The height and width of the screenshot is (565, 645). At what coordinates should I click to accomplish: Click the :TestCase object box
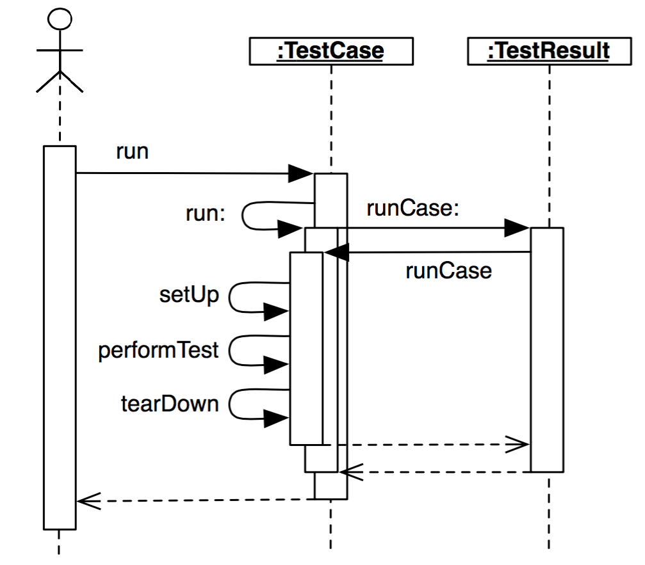point(331,51)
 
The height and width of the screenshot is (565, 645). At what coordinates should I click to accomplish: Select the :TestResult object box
point(548,51)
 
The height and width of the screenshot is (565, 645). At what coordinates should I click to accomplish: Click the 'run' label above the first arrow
point(132,152)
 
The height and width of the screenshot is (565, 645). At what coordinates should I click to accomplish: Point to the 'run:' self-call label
point(206,214)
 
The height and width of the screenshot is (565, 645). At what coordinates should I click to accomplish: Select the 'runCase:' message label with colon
point(413,208)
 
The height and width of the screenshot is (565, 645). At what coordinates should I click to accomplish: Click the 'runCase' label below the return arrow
point(448,271)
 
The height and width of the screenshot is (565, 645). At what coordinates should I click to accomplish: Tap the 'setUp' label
point(189,296)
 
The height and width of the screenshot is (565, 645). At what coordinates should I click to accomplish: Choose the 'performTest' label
point(159,350)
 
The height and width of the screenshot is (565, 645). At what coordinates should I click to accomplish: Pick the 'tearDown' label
point(170,404)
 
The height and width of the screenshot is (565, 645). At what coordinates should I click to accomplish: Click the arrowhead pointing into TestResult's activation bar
point(516,227)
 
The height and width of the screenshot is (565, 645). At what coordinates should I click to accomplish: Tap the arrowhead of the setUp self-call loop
point(277,312)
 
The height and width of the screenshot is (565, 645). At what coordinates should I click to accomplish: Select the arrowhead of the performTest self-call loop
point(277,366)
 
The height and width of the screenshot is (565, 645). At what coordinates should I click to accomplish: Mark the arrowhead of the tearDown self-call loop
point(277,420)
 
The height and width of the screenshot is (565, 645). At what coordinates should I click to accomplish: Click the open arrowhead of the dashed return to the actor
point(86,500)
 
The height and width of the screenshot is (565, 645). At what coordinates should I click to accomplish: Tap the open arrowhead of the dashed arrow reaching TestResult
point(519,443)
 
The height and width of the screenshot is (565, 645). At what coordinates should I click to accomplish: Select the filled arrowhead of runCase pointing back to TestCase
point(336,253)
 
